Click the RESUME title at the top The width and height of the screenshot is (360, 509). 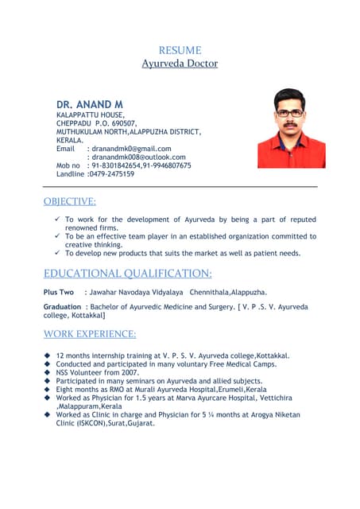(x=180, y=50)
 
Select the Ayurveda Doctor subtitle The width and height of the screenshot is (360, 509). (x=180, y=63)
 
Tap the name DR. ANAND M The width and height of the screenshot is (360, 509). (x=90, y=104)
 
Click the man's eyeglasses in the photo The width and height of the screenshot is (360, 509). (x=290, y=113)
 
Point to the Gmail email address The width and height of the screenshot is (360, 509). (x=131, y=149)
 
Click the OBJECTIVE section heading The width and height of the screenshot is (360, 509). (x=70, y=201)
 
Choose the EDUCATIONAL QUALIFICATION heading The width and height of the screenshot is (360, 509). (x=127, y=274)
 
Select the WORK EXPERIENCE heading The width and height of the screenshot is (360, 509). (x=90, y=333)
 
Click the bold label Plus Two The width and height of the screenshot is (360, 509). (x=58, y=293)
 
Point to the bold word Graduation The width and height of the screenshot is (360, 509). (x=62, y=307)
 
